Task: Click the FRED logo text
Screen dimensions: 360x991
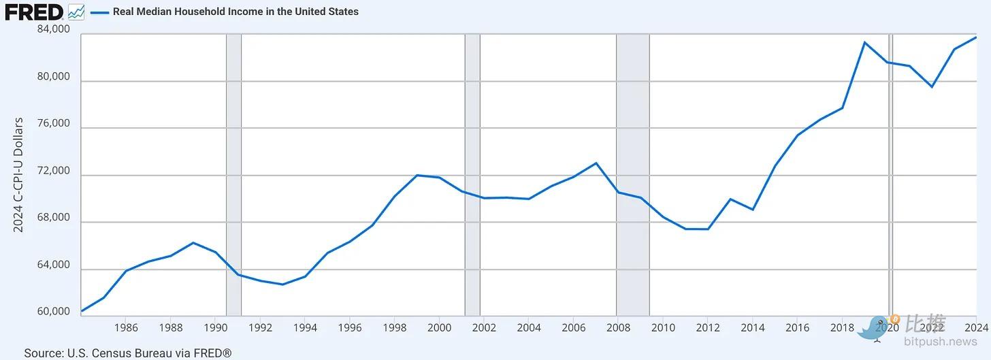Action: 34,12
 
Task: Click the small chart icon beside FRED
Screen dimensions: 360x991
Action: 76,12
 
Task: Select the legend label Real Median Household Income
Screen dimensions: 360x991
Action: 235,12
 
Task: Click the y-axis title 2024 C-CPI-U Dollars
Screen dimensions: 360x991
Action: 18,175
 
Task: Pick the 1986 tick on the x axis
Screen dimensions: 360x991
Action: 126,327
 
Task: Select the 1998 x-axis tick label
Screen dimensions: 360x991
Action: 394,327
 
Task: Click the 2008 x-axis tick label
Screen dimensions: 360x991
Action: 618,327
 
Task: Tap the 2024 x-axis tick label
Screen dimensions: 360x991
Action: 976,327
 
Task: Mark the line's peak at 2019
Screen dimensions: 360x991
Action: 864,42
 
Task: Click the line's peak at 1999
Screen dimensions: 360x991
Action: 417,175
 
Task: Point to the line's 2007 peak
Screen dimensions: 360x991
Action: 596,163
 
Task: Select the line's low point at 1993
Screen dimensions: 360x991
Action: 282,284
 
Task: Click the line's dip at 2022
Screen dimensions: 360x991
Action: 932,87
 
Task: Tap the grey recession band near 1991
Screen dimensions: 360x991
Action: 233,170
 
